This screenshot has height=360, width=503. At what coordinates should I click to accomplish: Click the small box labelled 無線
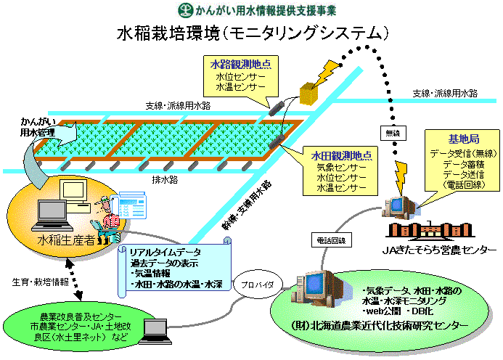pos(390,134)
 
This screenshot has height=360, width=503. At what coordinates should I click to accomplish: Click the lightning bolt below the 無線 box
pos(400,174)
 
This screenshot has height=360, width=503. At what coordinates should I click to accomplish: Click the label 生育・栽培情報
pos(41,282)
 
